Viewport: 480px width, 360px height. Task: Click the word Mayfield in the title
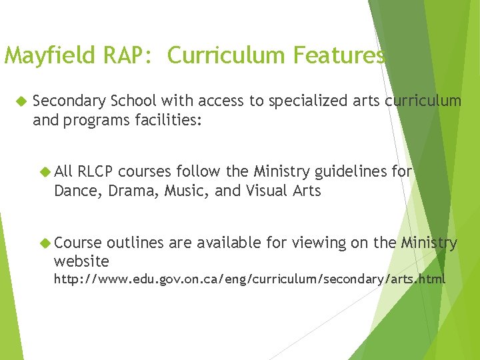point(51,56)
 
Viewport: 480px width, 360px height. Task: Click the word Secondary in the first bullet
point(69,101)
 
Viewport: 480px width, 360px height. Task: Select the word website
point(81,261)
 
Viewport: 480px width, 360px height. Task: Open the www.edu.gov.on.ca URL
point(249,278)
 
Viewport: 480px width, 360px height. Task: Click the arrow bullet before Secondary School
point(20,101)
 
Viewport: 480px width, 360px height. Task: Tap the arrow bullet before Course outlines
point(46,243)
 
